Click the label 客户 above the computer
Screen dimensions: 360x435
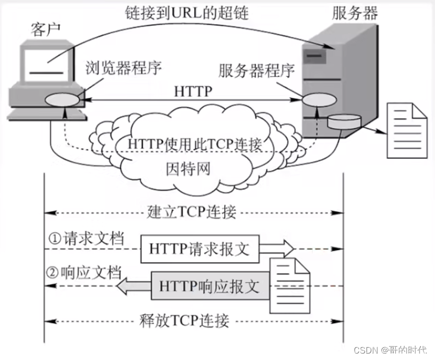pos(41,31)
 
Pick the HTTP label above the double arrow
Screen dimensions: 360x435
pos(193,91)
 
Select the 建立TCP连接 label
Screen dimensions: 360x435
pos(191,212)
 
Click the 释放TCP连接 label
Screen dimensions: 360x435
pos(184,320)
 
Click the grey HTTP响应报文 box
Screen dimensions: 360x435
pos(209,287)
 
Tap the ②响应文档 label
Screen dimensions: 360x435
pos(83,272)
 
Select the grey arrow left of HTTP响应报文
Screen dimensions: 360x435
pos(133,286)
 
